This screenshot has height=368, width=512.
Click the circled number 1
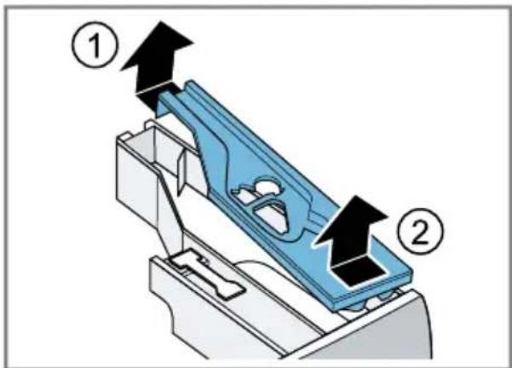tap(95, 45)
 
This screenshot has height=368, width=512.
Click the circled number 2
tap(421, 231)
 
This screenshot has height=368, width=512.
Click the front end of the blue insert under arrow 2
tap(372, 287)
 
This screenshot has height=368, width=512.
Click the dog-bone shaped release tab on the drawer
tap(204, 273)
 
